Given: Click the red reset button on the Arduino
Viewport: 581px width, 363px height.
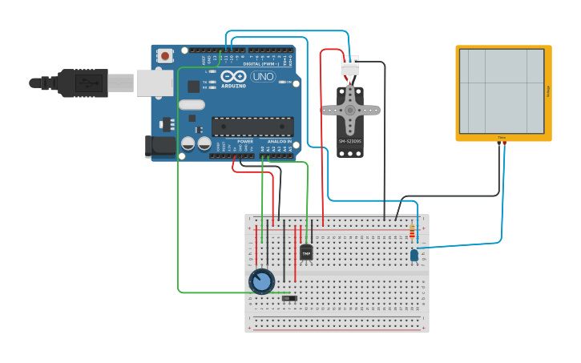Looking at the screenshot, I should (x=165, y=55).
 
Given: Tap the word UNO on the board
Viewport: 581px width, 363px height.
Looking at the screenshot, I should (x=263, y=77).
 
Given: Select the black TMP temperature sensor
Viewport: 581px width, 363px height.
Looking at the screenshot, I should (x=306, y=253).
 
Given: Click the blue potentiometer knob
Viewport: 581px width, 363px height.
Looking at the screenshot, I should (x=261, y=281).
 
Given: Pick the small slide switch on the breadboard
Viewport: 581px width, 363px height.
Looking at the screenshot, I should (x=289, y=298).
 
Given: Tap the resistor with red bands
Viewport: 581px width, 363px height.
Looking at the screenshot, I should (x=412, y=232).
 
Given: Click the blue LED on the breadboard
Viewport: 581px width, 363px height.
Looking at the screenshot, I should (x=414, y=255).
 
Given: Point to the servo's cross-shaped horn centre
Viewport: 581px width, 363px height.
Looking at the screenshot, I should (x=350, y=110).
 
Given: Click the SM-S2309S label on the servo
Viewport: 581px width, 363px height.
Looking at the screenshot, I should (x=350, y=141).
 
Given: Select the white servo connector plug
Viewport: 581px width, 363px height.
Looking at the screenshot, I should (x=350, y=67).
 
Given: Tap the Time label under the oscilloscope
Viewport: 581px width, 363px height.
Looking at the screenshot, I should (x=502, y=138).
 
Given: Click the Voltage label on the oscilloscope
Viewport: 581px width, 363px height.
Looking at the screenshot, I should (x=548, y=91).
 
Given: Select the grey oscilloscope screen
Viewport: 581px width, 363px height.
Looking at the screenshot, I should (x=502, y=91).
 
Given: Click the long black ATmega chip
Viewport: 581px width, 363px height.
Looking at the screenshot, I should (x=252, y=126).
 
